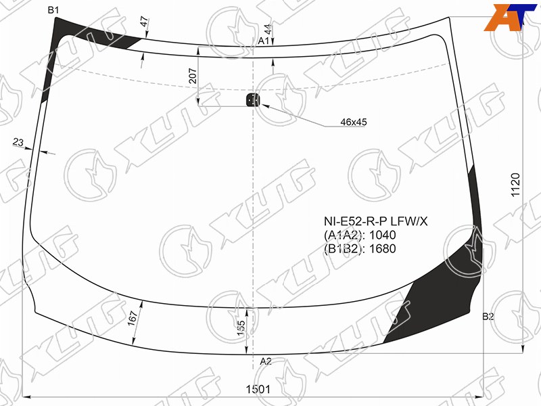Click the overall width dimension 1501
[x=258, y=389]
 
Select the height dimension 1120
[x=515, y=185]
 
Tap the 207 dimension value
[x=193, y=76]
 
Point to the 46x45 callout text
[x=354, y=122]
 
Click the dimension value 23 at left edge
[x=18, y=142]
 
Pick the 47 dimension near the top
[x=145, y=22]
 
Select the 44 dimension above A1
[x=268, y=29]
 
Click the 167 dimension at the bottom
[x=133, y=318]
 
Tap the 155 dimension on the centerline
[x=241, y=328]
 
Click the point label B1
[x=53, y=10]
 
